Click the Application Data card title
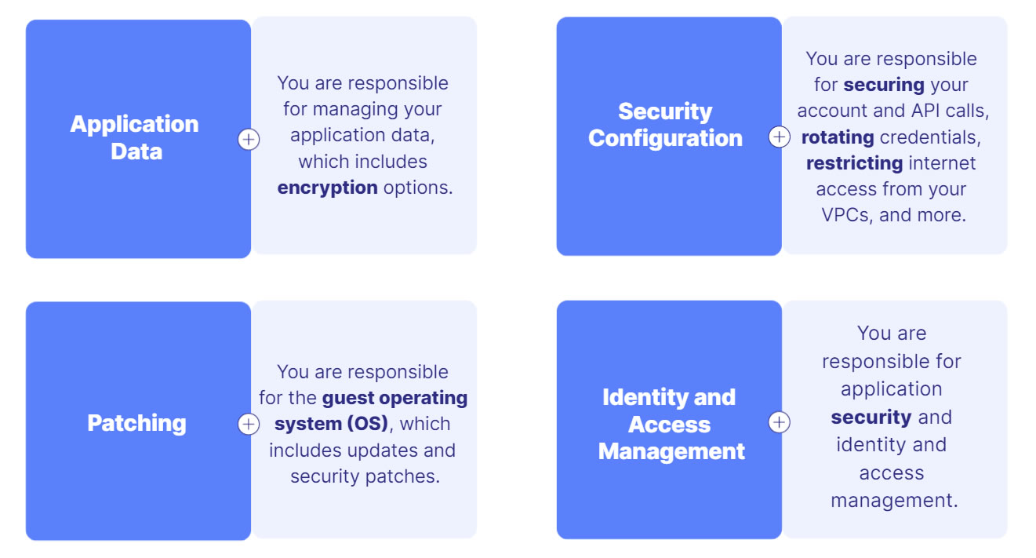tap(135, 137)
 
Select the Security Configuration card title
tap(665, 125)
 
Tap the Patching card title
tap(136, 423)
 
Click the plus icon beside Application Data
tap(249, 140)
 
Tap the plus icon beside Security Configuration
tap(779, 137)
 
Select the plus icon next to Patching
tap(249, 424)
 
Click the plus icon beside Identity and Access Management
tap(779, 422)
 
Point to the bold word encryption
tap(328, 188)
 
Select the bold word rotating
tap(838, 137)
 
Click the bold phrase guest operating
tap(395, 398)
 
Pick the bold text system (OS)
tap(331, 424)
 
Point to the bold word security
tap(871, 417)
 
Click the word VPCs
tap(845, 215)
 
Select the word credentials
tap(930, 137)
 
